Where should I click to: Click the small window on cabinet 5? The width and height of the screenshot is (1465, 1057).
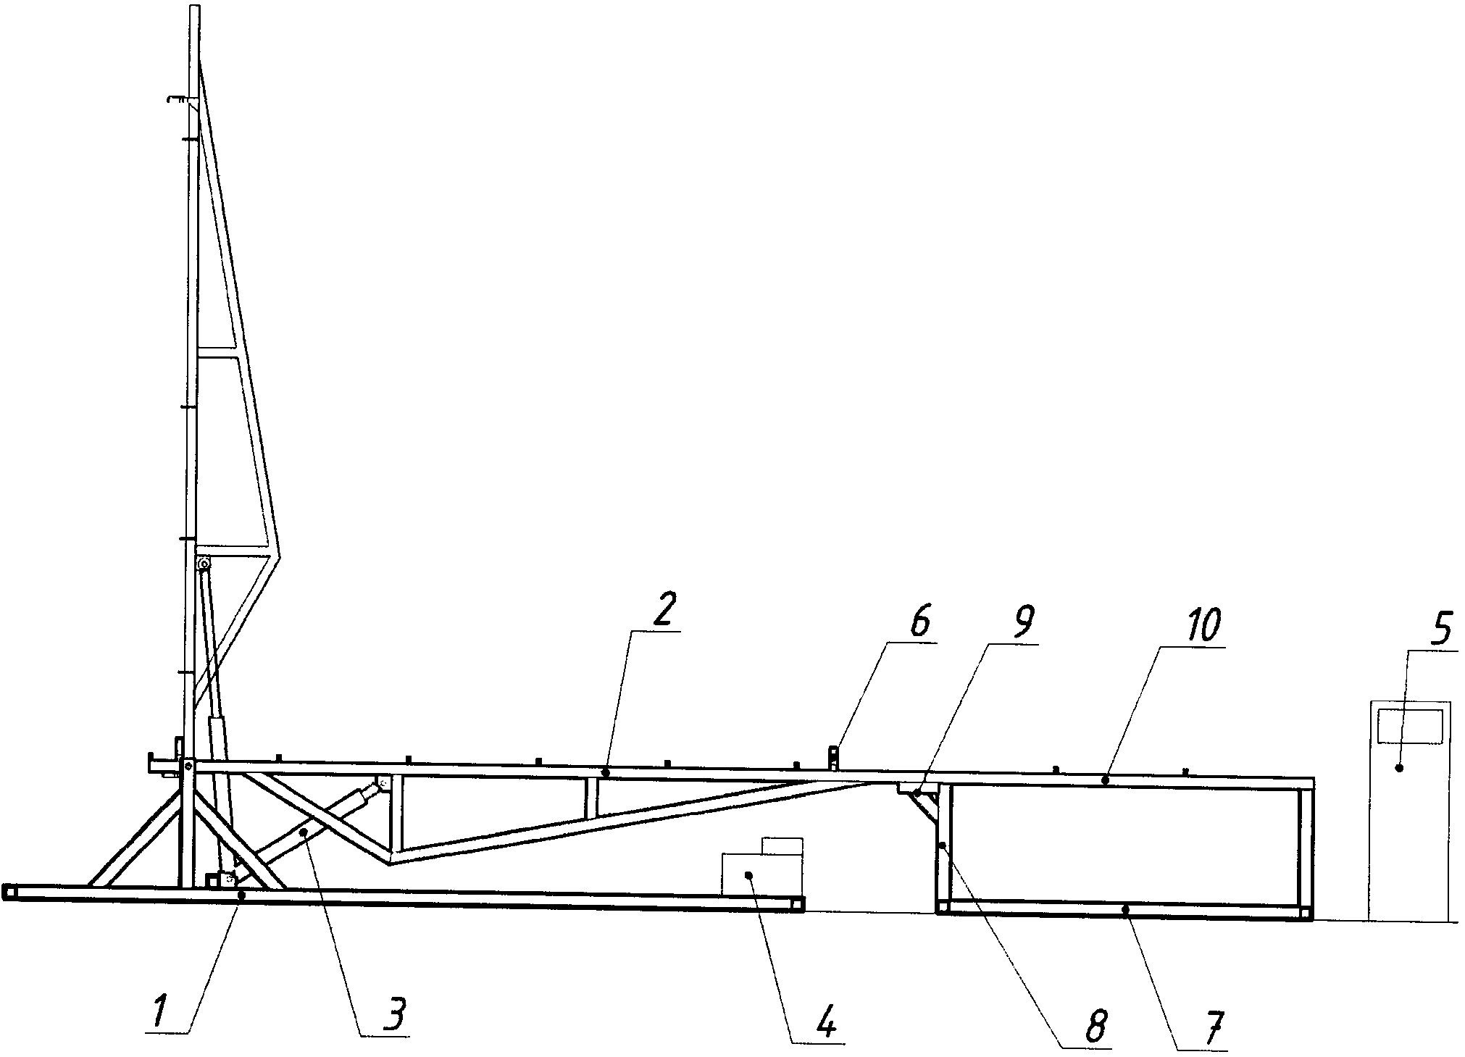coord(1409,726)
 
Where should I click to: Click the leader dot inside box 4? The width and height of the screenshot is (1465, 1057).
coord(749,876)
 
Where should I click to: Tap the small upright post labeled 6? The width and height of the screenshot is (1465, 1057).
coord(834,759)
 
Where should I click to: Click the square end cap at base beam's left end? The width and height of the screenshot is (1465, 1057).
coord(9,892)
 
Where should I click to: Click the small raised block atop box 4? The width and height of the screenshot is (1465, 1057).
coord(782,845)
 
